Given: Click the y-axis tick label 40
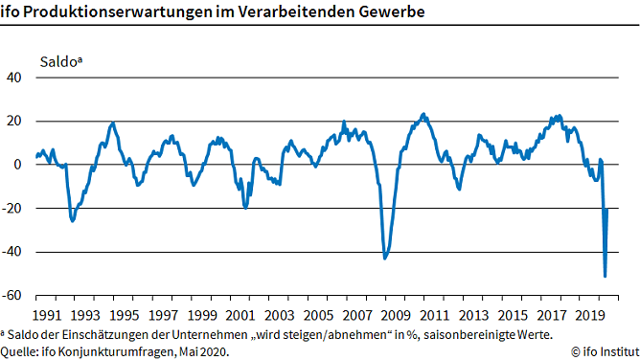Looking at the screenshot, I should tap(18, 78).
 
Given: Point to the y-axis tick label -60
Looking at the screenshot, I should tap(14, 296).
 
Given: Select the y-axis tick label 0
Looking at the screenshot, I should tap(22, 165).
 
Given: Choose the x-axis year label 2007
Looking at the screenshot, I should tap(356, 315).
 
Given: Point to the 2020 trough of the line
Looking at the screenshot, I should tap(605, 277).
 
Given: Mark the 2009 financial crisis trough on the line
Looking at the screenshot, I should tap(385, 258).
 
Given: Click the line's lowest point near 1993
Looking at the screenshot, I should tap(73, 221).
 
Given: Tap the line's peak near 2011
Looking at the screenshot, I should tap(424, 114).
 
